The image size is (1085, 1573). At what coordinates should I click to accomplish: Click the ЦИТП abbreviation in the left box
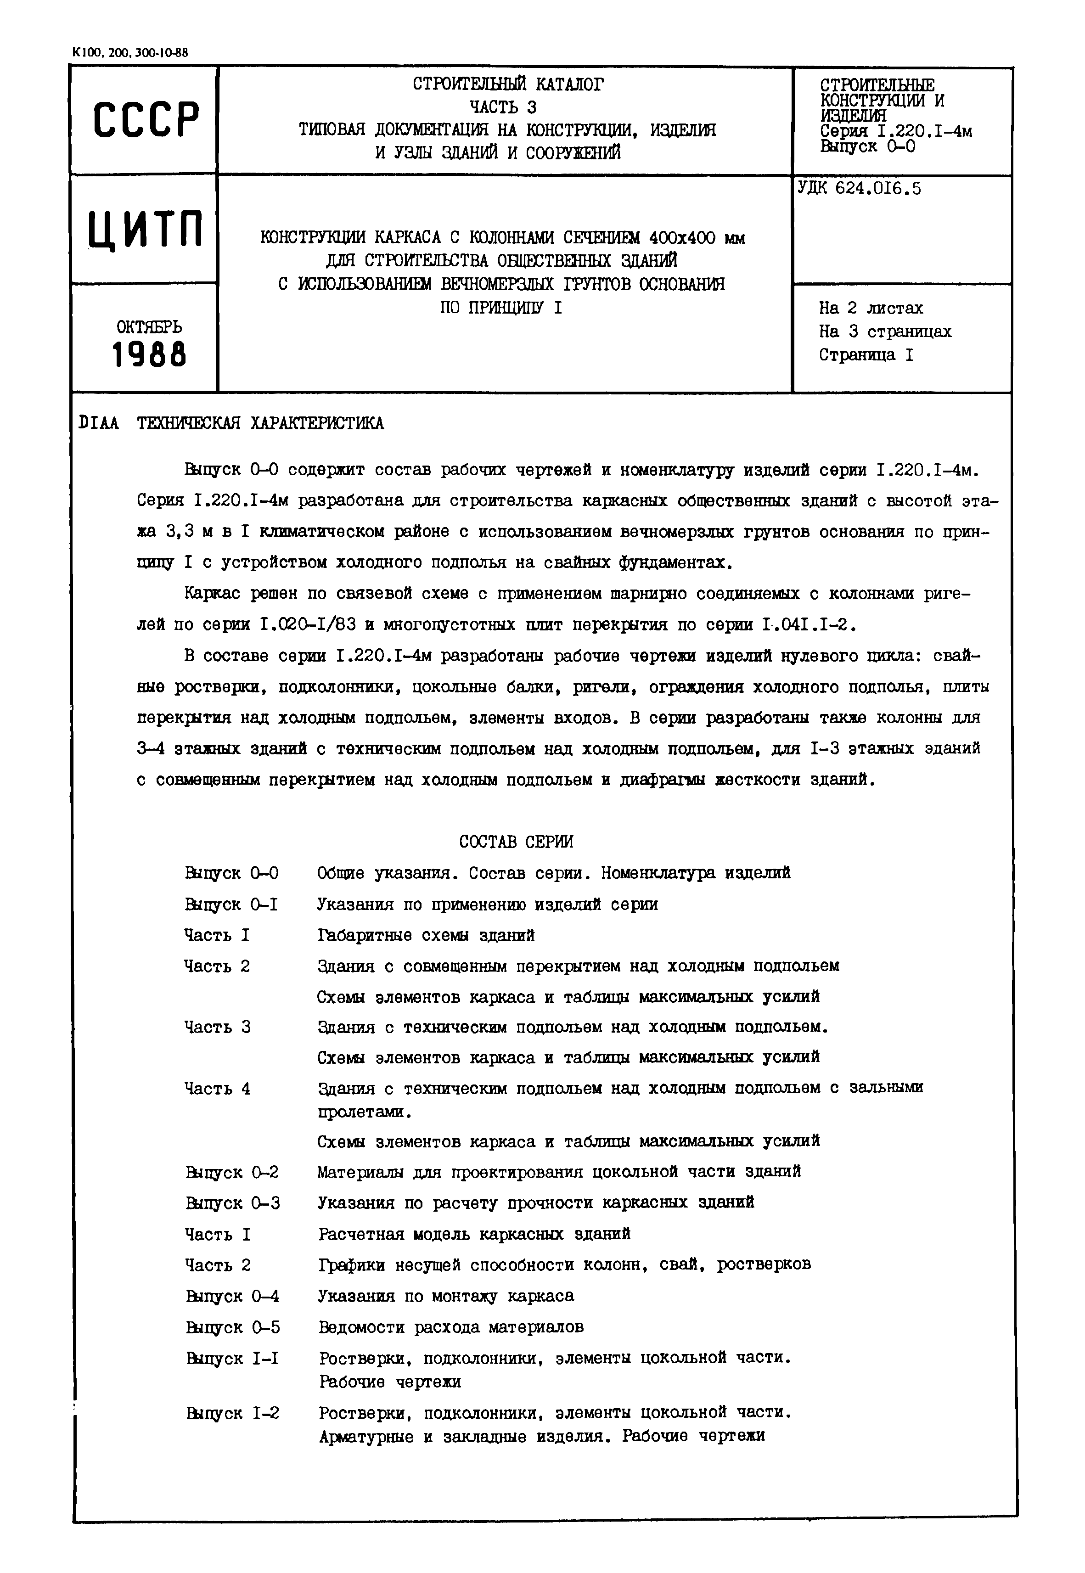tap(146, 229)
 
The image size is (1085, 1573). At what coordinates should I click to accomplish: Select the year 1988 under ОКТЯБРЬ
tap(149, 355)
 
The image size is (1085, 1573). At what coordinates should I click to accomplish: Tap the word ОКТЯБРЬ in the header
tap(149, 327)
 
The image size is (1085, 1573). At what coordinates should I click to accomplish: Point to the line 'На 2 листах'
tap(871, 309)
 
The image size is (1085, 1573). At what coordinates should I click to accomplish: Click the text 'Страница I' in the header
tap(866, 355)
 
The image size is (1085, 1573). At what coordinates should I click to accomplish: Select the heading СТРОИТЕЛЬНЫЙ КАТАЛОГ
tap(507, 84)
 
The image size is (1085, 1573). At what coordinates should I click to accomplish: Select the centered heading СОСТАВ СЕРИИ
tap(516, 842)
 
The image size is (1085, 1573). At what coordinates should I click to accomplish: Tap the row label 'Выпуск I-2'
tap(232, 1413)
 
